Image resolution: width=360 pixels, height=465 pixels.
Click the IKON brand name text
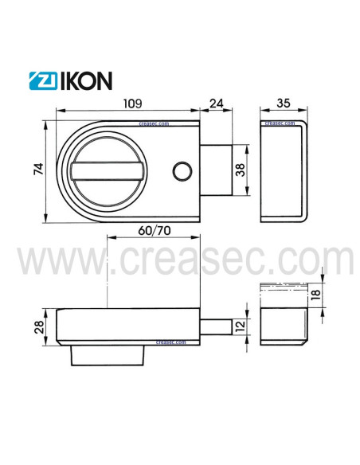(x=84, y=80)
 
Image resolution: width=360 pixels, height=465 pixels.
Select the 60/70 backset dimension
(x=154, y=230)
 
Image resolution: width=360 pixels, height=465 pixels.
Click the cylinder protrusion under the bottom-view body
(x=108, y=354)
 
